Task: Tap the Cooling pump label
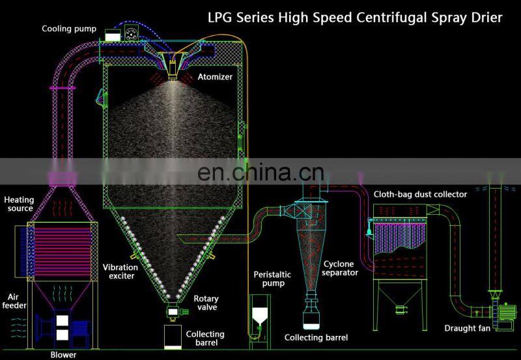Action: [69, 29]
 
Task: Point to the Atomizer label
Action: [215, 77]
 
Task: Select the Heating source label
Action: [19, 204]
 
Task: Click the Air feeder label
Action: [14, 300]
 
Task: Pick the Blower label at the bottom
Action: [63, 354]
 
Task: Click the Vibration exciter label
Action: [120, 271]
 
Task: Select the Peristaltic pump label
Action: [272, 279]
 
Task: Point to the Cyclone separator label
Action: [341, 268]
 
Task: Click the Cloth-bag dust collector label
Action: [420, 194]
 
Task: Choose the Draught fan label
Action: [467, 328]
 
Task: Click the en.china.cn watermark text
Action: [260, 173]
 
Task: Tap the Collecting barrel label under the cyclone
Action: [316, 337]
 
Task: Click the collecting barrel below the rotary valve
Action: [173, 336]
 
